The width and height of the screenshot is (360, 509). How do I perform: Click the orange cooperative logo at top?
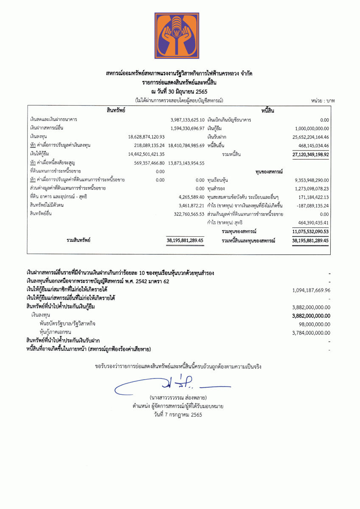tap(177, 36)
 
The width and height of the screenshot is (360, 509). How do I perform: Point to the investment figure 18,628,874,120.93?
tap(146, 137)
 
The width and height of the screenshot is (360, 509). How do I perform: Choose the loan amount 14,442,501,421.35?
tap(146, 154)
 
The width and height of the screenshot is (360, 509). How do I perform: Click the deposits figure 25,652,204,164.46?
tap(311, 137)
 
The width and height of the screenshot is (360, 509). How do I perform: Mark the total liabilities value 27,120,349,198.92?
tap(311, 154)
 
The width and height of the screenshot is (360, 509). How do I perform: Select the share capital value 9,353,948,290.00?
tap(312, 180)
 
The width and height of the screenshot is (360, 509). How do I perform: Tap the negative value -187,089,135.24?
tap(312, 205)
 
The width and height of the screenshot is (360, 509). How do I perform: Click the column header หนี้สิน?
tap(270, 110)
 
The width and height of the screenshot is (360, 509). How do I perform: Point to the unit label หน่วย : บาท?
tap(323, 101)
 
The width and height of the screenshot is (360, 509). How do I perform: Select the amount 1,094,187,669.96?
tap(311, 290)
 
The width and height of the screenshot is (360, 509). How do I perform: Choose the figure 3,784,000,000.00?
tap(311, 333)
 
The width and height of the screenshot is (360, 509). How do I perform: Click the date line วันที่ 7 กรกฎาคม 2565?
tap(178, 414)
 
